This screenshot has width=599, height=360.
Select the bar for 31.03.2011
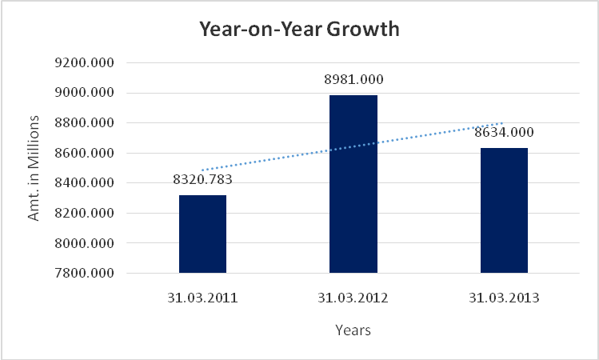[202, 234]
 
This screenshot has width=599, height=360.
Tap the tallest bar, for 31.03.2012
[353, 184]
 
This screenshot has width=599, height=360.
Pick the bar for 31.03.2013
[504, 210]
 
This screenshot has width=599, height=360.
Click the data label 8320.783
[202, 179]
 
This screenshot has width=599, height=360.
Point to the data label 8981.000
[353, 79]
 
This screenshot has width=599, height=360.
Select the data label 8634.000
[504, 132]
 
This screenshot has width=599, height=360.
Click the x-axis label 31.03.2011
[202, 298]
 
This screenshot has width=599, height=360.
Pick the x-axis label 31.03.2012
[353, 298]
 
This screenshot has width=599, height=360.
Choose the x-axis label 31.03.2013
[504, 298]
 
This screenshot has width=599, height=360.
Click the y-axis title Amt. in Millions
[34, 168]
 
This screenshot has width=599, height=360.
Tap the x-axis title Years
[353, 330]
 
